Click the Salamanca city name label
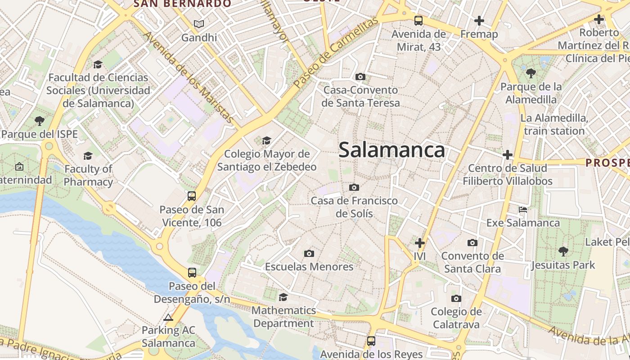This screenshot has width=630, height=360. (391, 150)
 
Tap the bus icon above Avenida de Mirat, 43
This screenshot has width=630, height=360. (418, 20)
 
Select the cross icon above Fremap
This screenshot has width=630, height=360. (479, 20)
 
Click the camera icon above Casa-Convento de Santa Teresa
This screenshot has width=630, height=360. (360, 76)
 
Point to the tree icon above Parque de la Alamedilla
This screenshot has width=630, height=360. (531, 73)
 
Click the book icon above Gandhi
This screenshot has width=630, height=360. (199, 24)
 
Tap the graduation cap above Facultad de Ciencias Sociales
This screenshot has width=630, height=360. (98, 65)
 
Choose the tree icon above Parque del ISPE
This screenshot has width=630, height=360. (40, 121)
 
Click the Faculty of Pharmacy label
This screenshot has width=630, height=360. (88, 175)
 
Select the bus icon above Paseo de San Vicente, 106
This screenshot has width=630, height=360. (192, 196)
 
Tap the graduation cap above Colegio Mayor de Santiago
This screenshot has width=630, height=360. (267, 141)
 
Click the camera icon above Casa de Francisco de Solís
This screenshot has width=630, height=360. (354, 187)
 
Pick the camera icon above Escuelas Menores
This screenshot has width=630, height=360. (309, 253)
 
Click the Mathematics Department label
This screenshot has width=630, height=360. (283, 317)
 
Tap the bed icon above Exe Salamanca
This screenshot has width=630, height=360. (523, 210)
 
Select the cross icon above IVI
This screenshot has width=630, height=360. (420, 243)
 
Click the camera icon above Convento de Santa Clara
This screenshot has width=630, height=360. (472, 243)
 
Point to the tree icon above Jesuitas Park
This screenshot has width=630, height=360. (563, 251)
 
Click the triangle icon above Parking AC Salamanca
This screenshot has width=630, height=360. (168, 318)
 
